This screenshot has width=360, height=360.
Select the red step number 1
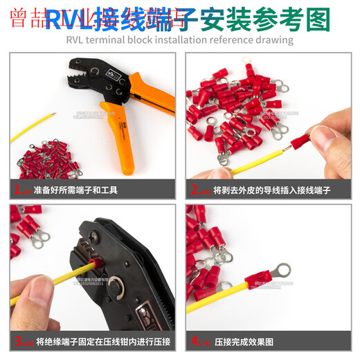pyautogui.click(x=18, y=189)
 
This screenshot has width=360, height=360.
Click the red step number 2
pyautogui.click(x=195, y=189)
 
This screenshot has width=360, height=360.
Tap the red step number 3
pyautogui.click(x=18, y=341)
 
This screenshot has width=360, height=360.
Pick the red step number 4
pyautogui.click(x=195, y=341)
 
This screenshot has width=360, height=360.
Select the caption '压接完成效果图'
pyautogui.click(x=244, y=342)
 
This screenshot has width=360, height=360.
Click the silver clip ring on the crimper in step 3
pyautogui.click(x=122, y=283)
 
